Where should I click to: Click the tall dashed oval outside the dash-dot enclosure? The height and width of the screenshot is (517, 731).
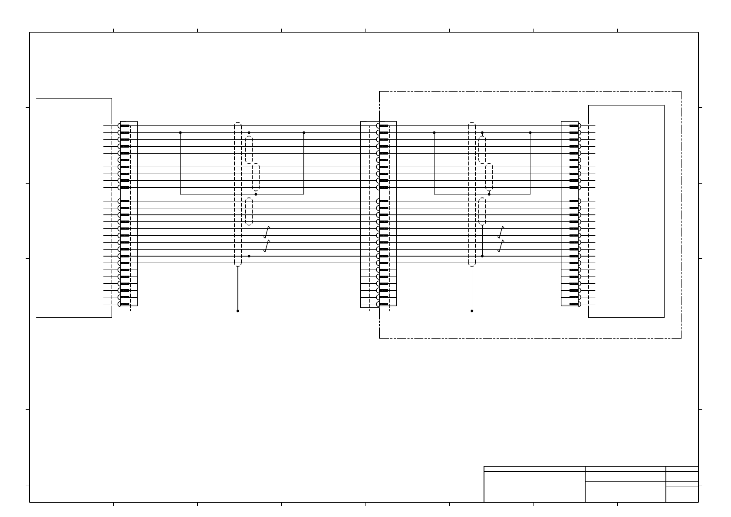237,194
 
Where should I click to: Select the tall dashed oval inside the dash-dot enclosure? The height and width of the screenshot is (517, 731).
472,194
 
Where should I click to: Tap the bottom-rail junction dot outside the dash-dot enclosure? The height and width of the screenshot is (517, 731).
237,311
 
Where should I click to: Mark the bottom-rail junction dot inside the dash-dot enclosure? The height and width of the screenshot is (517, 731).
472,311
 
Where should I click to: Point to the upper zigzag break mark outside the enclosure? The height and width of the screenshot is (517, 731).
267,232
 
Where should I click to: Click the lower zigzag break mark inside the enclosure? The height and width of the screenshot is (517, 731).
501,246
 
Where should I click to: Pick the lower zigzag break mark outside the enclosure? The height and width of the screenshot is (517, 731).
267,246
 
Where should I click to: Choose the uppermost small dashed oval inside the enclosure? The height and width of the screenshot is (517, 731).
482,150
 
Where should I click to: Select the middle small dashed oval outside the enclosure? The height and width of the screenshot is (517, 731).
256,177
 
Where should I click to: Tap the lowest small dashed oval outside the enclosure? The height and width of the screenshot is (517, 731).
249,211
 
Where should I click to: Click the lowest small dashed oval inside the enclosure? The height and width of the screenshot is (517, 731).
482,211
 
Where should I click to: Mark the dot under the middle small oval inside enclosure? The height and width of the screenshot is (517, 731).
489,194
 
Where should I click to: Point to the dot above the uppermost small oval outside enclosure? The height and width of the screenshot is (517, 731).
249,132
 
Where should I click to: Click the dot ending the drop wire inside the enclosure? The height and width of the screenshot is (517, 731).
482,256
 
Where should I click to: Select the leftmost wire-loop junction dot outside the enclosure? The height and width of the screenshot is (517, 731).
180,132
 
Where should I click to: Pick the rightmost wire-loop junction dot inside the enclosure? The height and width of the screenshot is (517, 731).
530,132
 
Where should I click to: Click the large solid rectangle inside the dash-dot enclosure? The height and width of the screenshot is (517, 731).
626,211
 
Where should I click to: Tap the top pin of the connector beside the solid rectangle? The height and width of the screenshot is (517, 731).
574,125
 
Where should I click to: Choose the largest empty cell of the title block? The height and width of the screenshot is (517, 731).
534,487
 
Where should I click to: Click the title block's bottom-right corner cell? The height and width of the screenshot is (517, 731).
682,494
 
